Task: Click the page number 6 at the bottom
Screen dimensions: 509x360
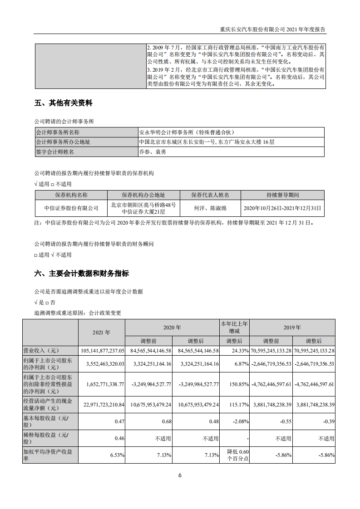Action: tap(180, 475)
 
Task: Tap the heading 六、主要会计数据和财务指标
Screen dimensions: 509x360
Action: tap(81, 274)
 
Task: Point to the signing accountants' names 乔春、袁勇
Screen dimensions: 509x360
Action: tap(153, 152)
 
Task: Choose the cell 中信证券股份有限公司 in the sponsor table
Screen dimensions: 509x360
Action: tap(71, 208)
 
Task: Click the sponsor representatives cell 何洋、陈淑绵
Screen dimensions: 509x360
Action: tap(210, 208)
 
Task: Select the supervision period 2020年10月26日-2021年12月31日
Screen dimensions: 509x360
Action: tap(282, 208)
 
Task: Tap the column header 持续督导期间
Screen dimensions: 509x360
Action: tap(282, 195)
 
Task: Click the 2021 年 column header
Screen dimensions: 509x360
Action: tap(101, 333)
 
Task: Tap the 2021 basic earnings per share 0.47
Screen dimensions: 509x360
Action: tap(118, 421)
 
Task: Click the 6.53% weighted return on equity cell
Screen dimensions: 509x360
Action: tap(117, 455)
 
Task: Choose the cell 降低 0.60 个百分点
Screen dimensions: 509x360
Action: tap(235, 455)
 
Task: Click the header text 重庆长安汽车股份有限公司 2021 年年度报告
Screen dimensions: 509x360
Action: tap(272, 29)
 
